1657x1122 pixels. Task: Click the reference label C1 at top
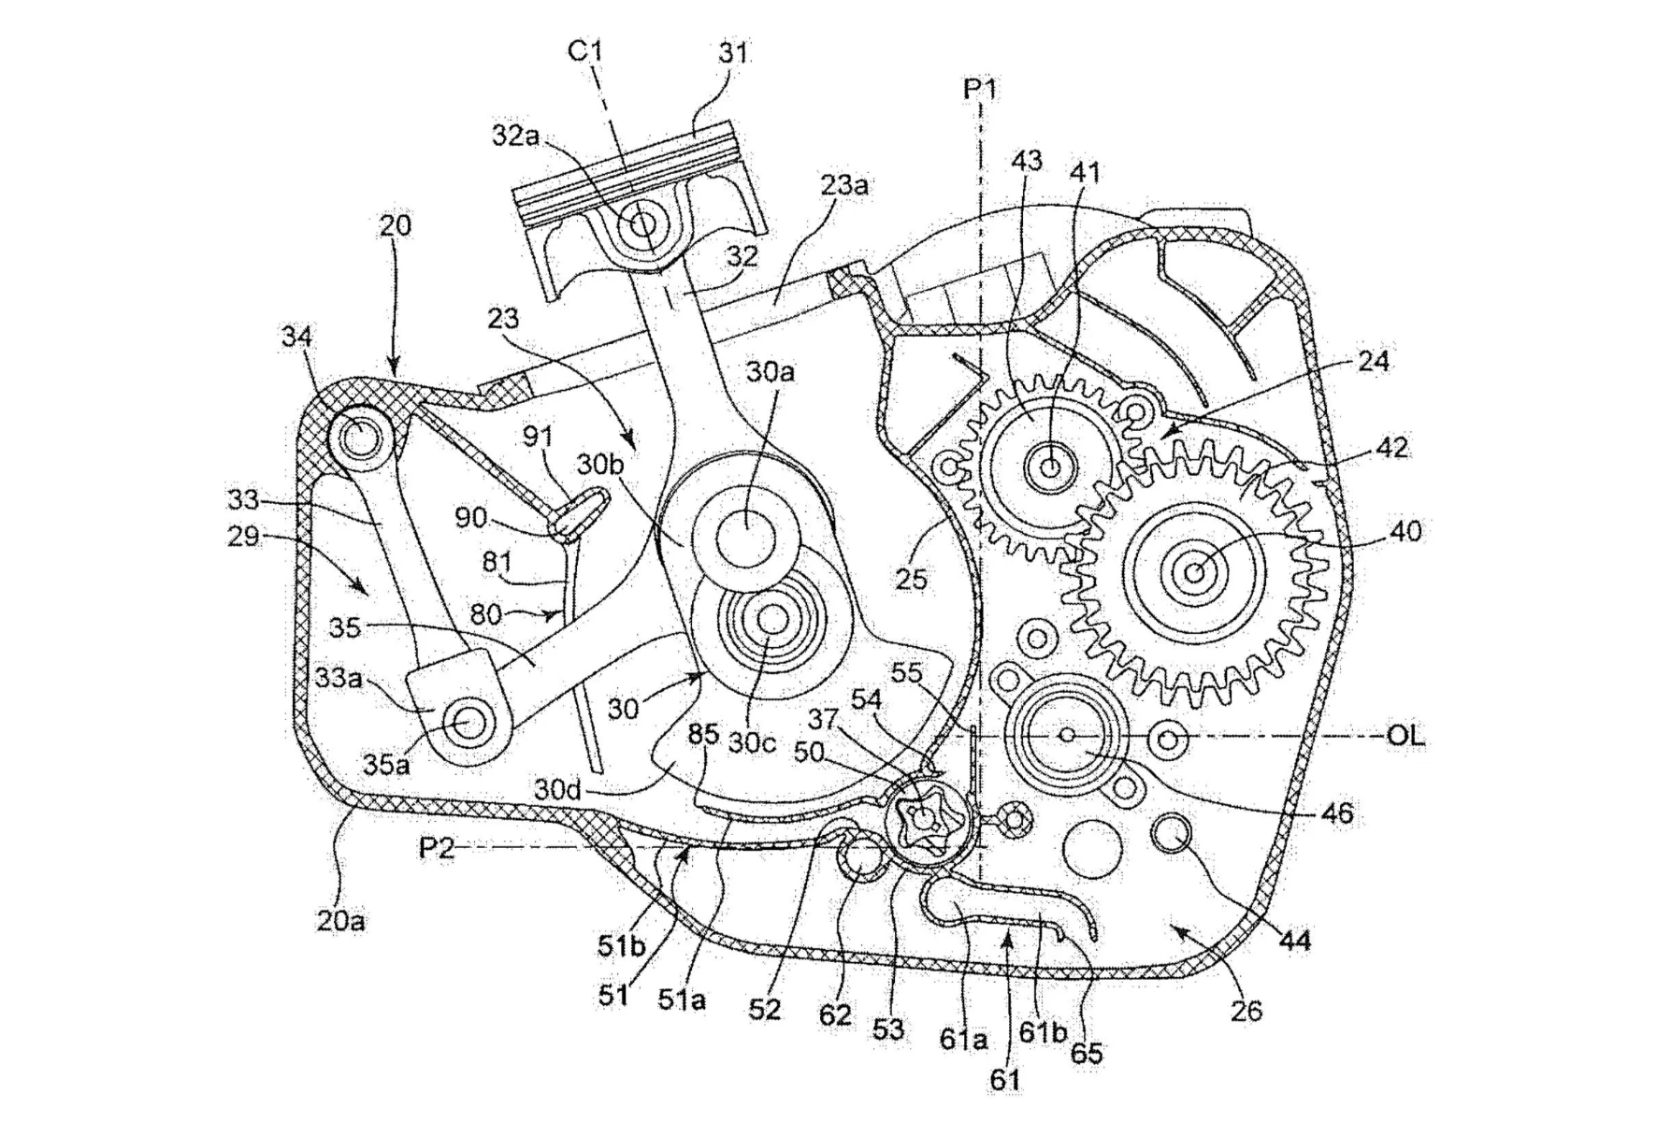tap(585, 51)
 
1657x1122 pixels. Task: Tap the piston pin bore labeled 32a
tap(642, 224)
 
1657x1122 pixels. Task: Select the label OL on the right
tap(1405, 736)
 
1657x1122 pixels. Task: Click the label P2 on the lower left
tap(437, 848)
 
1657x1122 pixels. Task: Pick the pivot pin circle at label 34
tap(357, 435)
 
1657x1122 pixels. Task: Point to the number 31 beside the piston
tap(733, 53)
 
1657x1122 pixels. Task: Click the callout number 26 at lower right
tap(1246, 1010)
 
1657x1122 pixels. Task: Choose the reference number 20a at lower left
tap(340, 921)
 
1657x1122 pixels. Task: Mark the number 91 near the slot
tap(539, 437)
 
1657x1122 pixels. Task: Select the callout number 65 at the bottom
tap(1086, 1054)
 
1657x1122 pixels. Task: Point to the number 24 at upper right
tap(1373, 362)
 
